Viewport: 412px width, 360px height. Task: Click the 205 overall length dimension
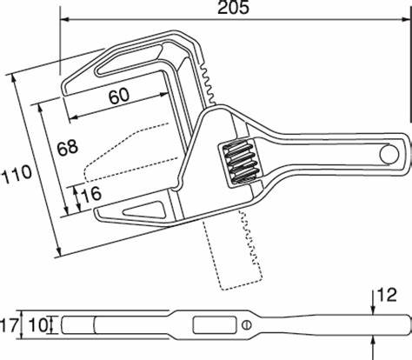tap(233, 8)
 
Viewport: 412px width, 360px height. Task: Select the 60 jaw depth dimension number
tap(119, 97)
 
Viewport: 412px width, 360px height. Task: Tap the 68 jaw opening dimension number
tap(67, 148)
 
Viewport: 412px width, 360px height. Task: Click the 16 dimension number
tap(91, 194)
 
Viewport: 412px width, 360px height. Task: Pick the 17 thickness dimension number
tap(10, 325)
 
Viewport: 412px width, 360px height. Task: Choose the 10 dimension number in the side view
tap(38, 325)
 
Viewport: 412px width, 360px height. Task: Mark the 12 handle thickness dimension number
tap(386, 296)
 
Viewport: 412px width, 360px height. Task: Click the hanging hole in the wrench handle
tap(389, 154)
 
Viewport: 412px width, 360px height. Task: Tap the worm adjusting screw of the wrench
tap(241, 162)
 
